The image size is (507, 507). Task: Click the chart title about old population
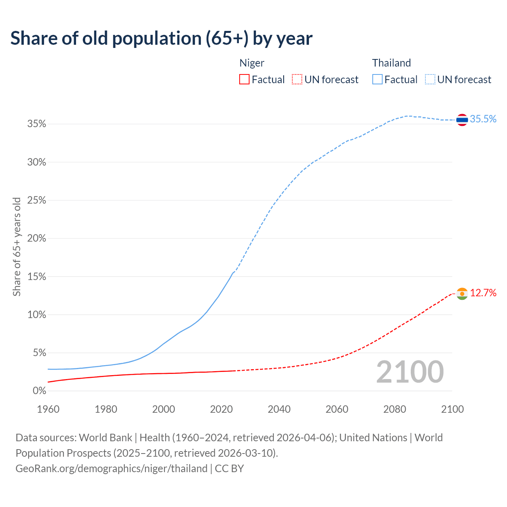161,38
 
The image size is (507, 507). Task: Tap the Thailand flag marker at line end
462,119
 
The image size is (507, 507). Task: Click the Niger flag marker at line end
462,294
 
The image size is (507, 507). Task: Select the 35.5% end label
483,119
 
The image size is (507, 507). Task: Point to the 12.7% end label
483,293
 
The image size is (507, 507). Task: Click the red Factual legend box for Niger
244,80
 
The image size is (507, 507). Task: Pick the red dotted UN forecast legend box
297,80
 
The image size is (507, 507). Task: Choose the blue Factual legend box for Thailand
377,80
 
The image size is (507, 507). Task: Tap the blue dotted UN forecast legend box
430,80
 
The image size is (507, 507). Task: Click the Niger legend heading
252,63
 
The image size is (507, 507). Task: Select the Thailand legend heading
391,63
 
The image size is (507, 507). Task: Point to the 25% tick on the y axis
37,200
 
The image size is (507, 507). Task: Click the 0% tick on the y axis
39,391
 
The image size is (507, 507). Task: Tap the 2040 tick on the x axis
279,409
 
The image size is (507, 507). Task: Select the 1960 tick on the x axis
48,409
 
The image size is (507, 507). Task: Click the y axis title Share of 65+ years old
17,246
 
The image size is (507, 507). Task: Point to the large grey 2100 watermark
410,372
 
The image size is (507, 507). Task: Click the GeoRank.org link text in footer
111,469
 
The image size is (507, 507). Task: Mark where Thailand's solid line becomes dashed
233,273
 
